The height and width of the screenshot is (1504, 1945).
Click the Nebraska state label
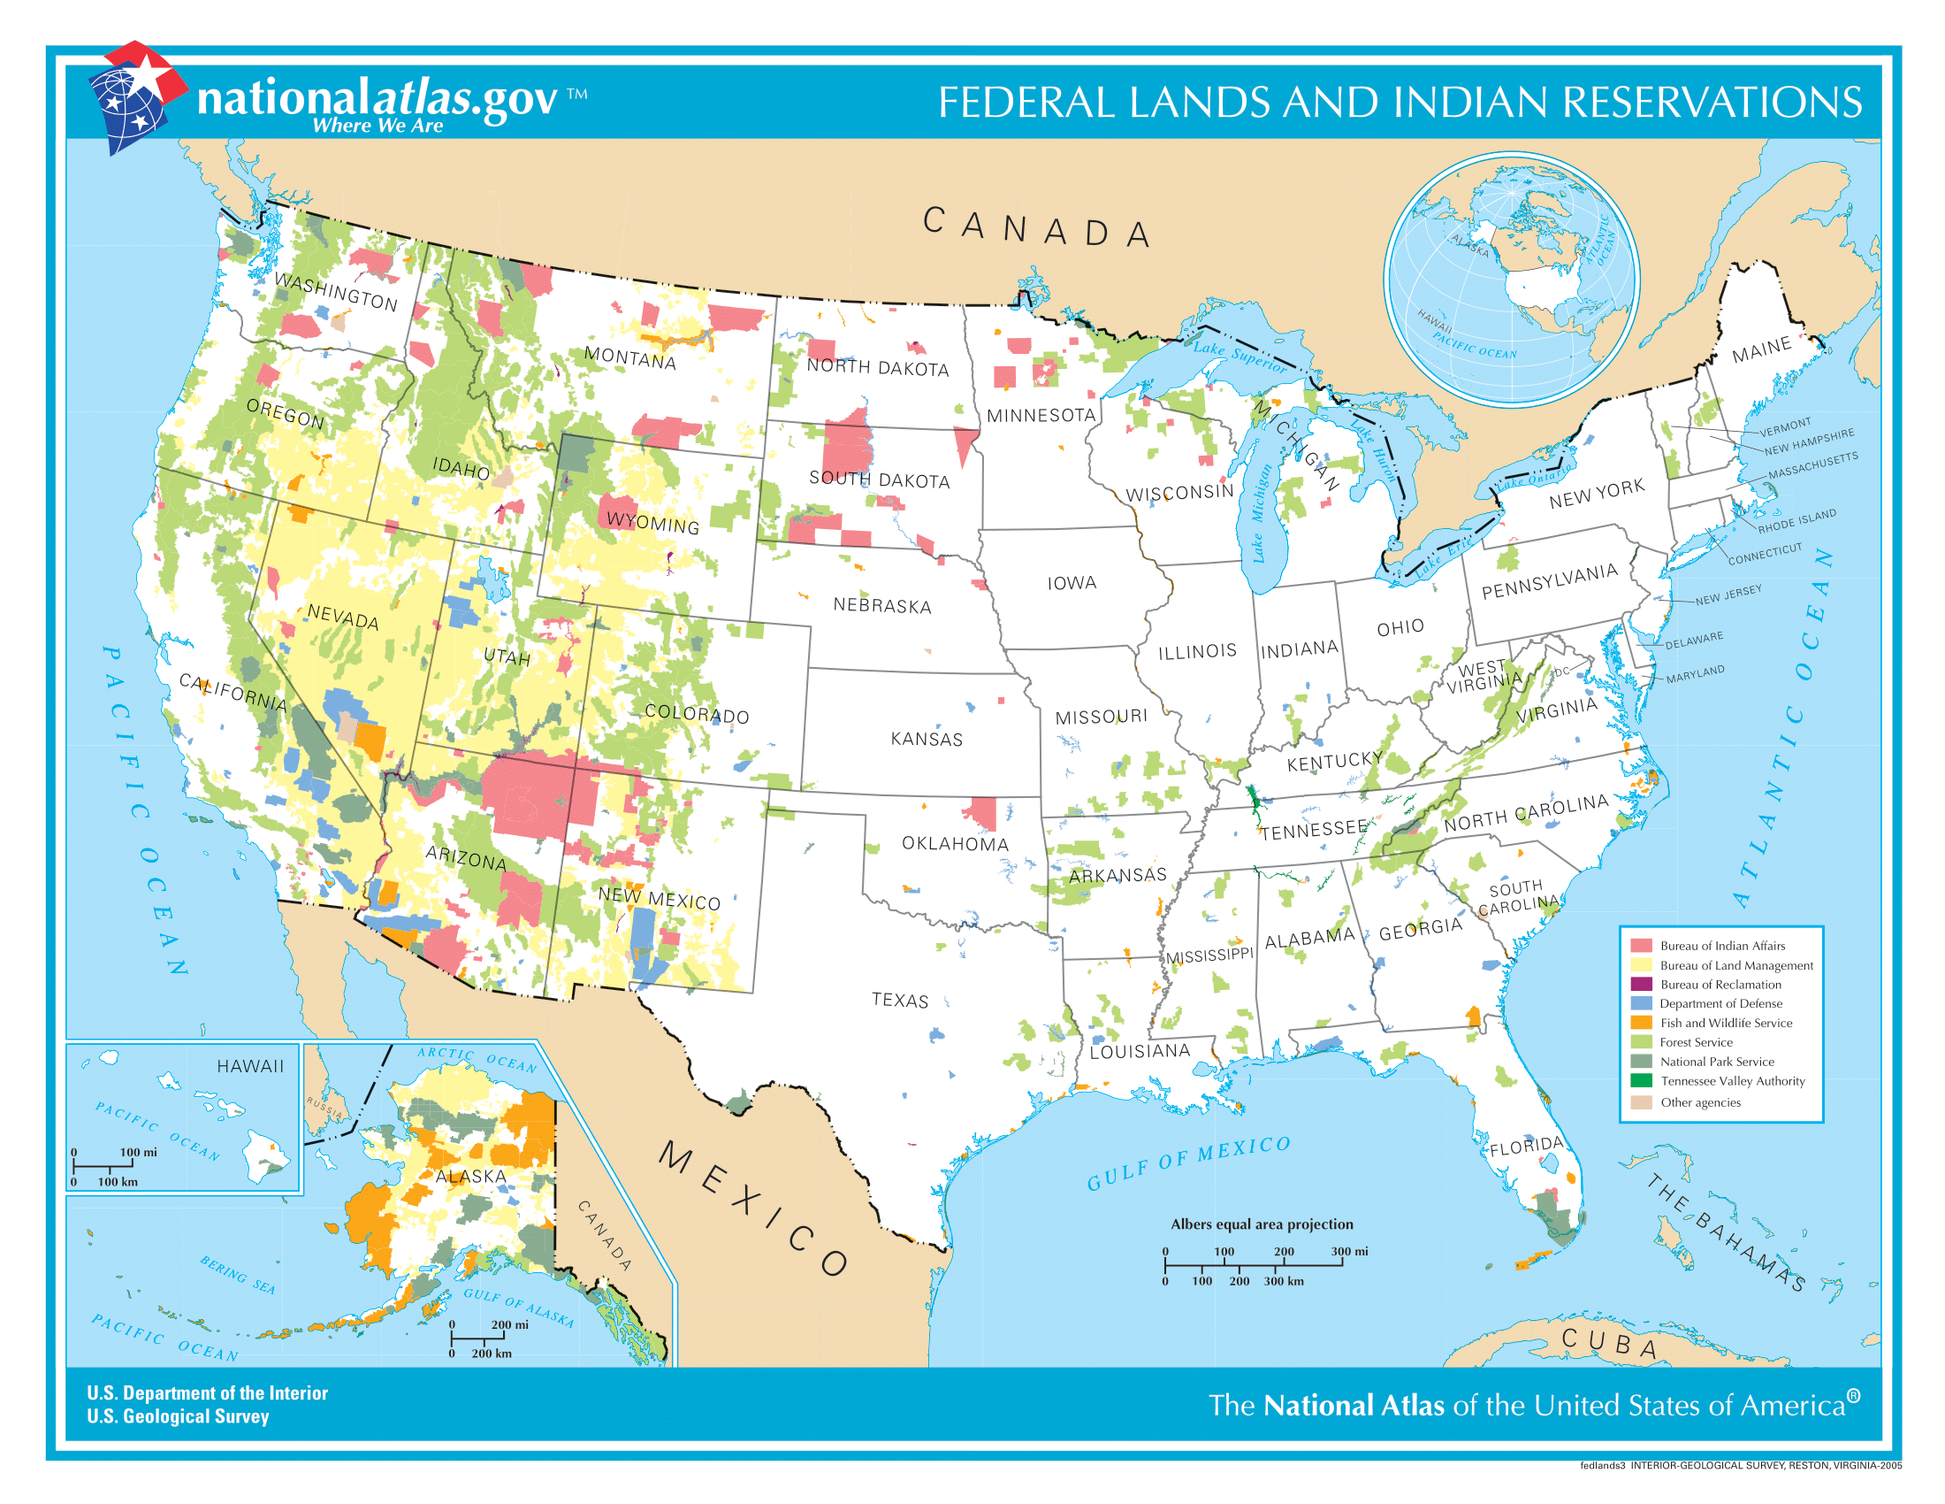click(881, 606)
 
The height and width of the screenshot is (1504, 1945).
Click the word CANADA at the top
click(1037, 229)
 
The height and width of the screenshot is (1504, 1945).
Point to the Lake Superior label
click(1239, 356)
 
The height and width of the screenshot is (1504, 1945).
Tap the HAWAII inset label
click(250, 1067)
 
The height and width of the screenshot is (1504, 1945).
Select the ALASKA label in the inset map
click(470, 1176)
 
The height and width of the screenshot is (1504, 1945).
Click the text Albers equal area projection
click(1261, 1224)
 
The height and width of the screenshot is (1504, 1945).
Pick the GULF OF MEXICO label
click(1188, 1163)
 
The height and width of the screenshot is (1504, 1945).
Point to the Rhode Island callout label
click(1796, 521)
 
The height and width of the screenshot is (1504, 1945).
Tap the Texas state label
click(899, 1000)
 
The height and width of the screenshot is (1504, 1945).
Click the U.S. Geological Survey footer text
click(177, 1416)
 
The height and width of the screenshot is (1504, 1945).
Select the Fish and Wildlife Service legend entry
click(1725, 1023)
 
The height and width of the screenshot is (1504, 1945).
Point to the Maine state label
click(1760, 349)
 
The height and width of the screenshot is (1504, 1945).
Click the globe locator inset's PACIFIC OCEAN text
click(1474, 348)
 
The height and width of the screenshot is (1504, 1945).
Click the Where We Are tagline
click(378, 126)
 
